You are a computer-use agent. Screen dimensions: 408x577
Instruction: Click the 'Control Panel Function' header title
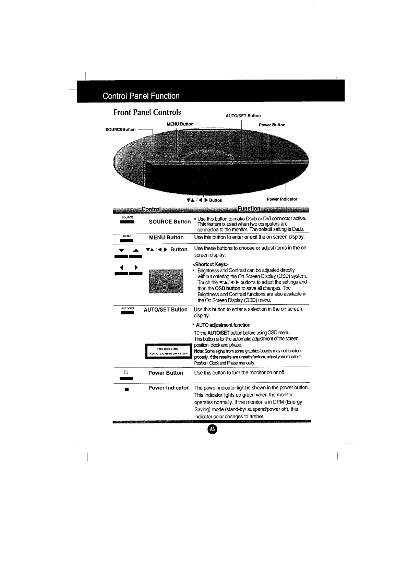[141, 96]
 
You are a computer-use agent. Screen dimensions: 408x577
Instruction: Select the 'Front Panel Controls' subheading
[147, 112]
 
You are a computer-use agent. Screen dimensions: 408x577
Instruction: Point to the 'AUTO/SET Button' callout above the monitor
[243, 116]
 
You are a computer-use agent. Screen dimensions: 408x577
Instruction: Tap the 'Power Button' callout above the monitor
[272, 125]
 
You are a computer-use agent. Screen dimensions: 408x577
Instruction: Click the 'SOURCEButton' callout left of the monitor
[120, 129]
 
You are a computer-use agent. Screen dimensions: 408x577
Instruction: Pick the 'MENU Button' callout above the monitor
[180, 124]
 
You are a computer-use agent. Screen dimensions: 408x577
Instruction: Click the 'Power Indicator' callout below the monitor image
[282, 199]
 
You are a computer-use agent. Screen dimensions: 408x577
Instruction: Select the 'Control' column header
[151, 209]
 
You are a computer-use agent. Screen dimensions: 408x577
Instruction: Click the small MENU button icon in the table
[127, 238]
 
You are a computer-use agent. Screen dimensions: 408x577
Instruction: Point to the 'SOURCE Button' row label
[170, 221]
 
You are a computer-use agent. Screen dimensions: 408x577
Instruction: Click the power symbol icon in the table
[126, 372]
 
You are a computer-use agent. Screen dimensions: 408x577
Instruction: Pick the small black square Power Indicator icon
[127, 389]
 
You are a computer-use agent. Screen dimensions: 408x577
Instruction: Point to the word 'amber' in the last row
[257, 417]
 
